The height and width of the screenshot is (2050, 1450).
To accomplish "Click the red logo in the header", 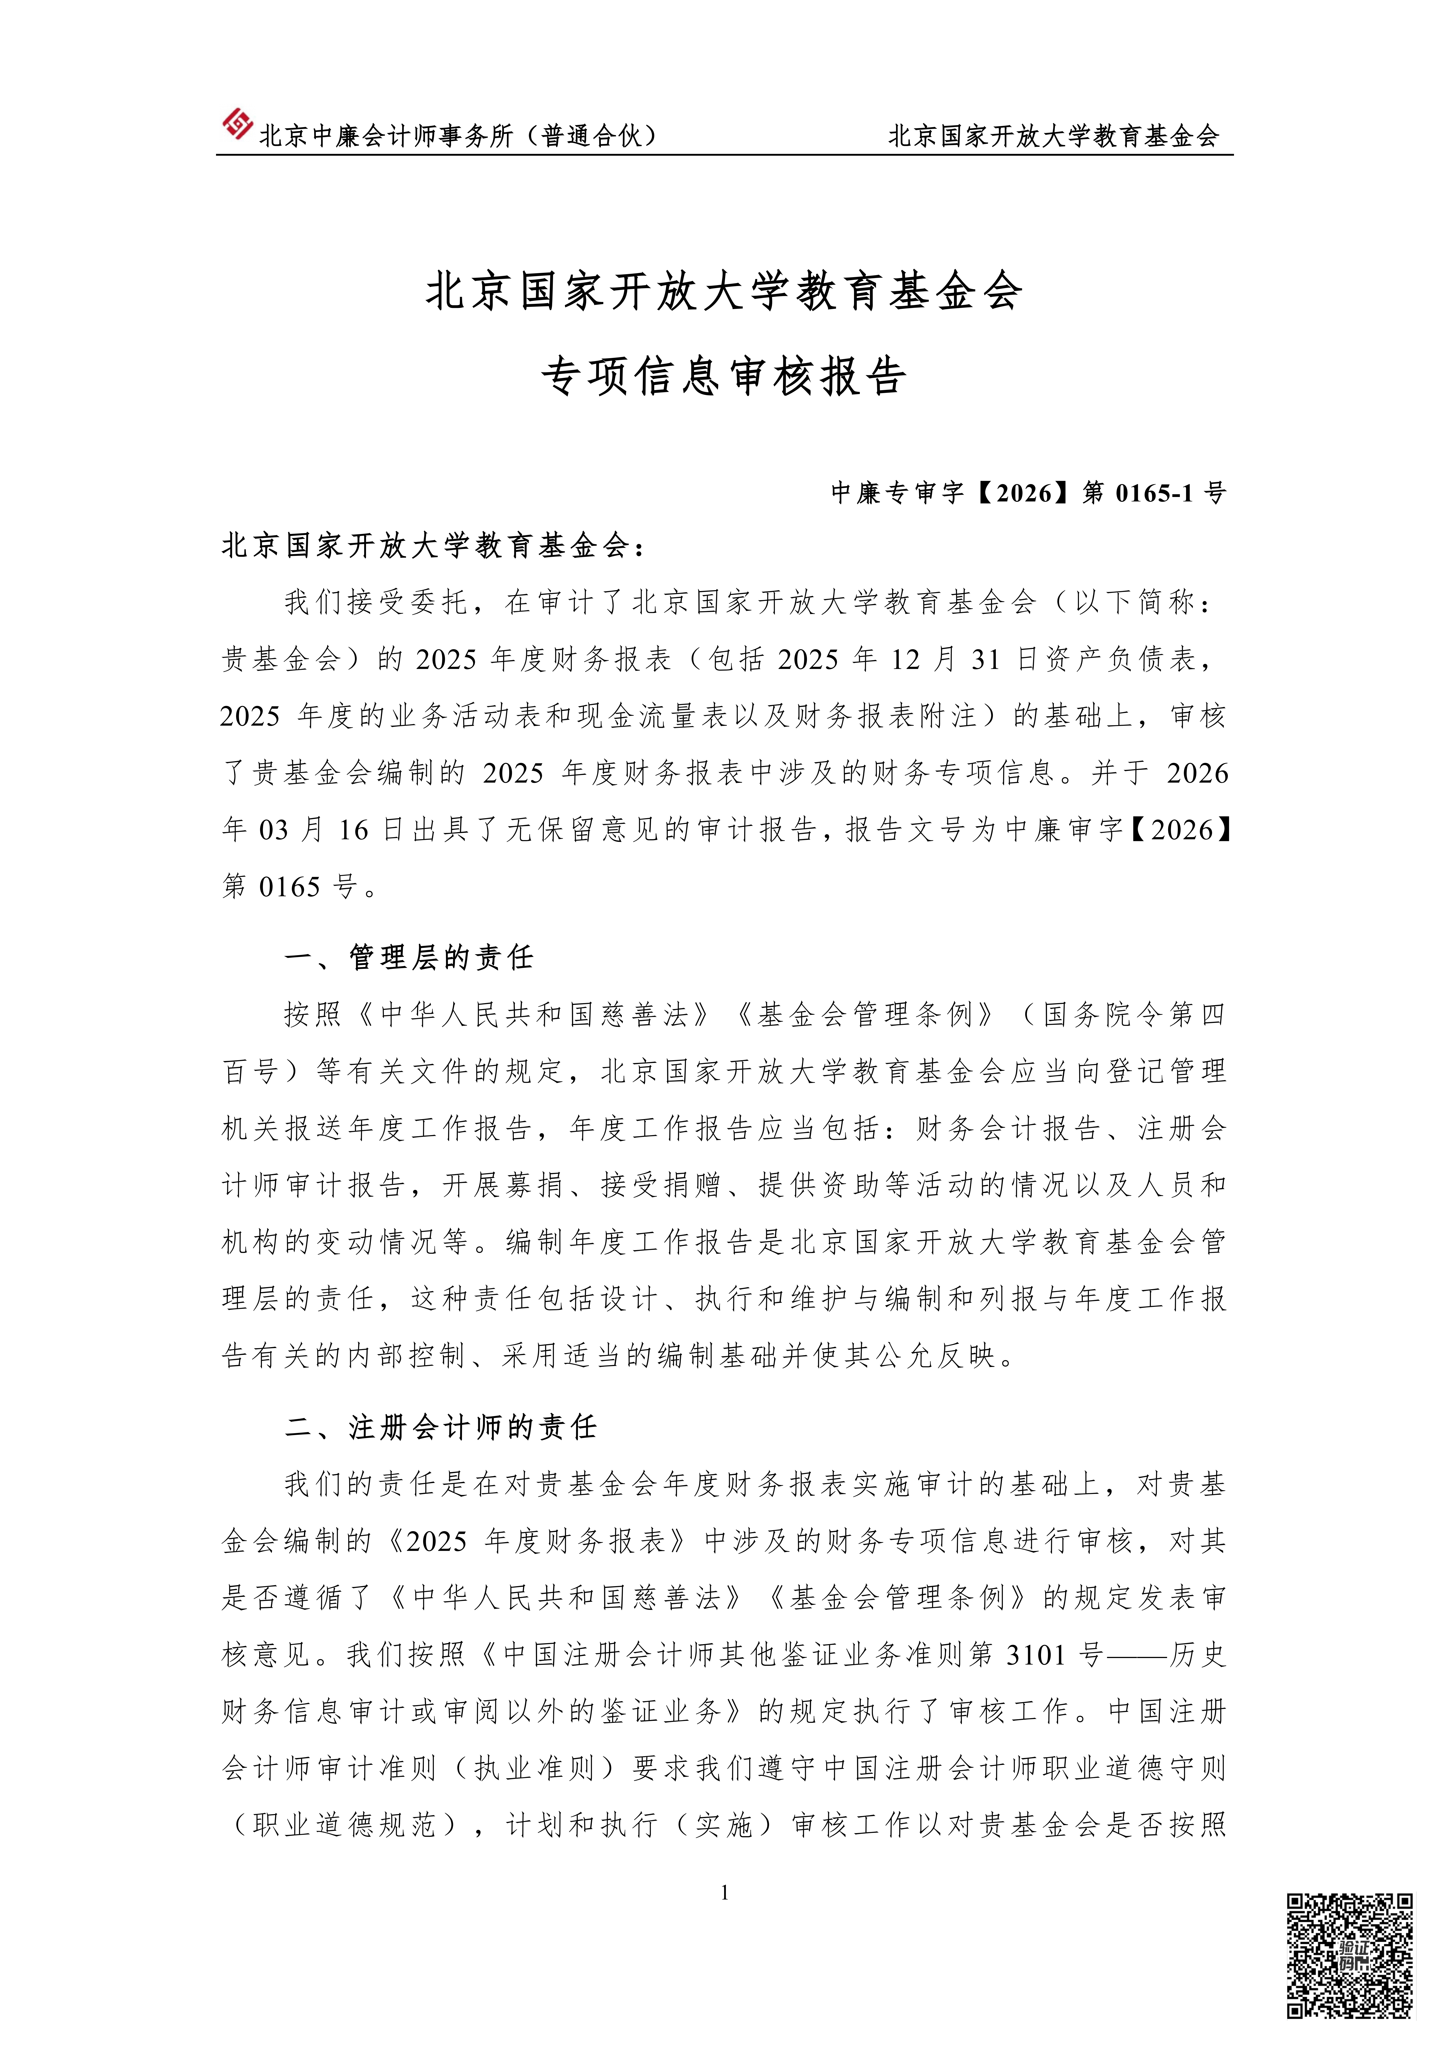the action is pyautogui.click(x=237, y=124).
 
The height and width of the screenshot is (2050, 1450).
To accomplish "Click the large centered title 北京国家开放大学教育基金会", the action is pyautogui.click(x=724, y=292).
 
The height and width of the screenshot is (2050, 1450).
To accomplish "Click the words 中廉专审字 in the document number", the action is pyautogui.click(x=897, y=493).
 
